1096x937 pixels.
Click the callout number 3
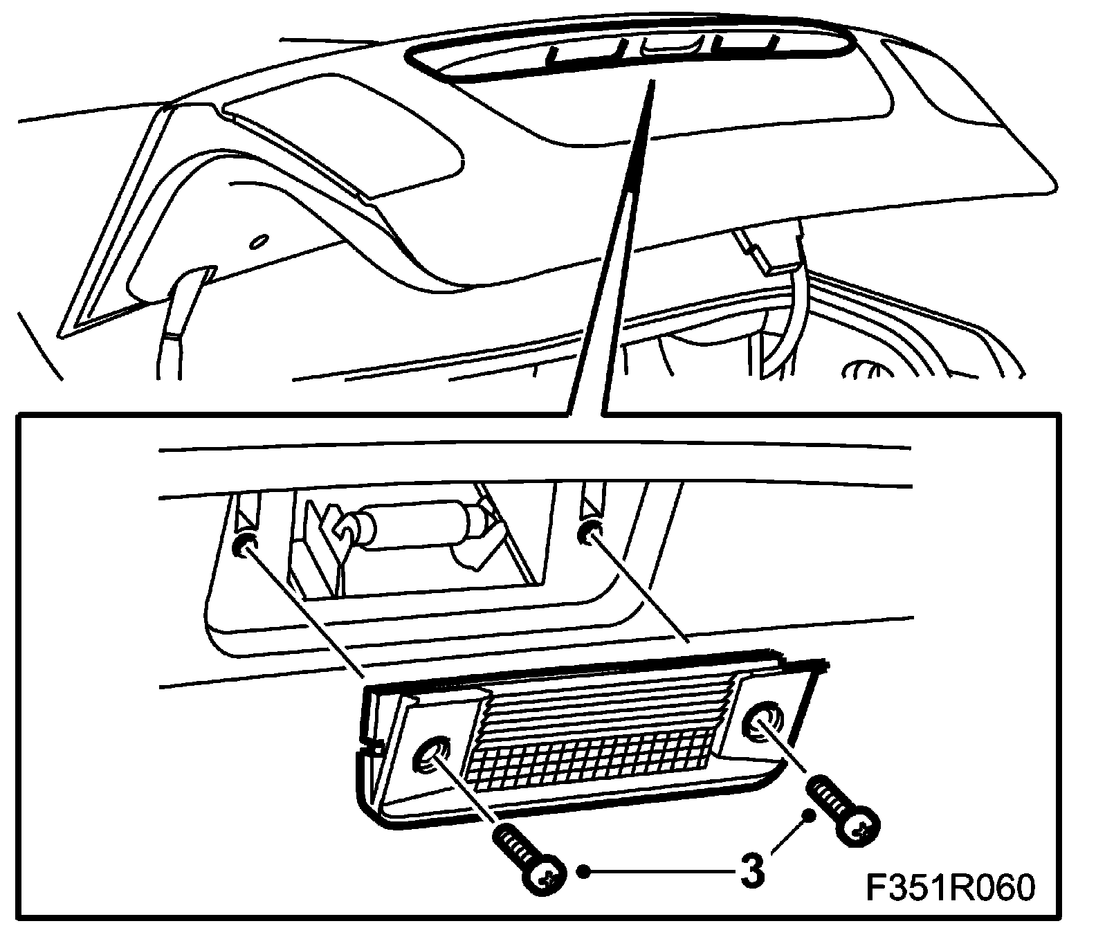[752, 869]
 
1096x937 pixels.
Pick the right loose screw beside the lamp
[845, 809]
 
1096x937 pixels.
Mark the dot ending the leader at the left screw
[585, 871]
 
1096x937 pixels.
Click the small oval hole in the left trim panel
[259, 242]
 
